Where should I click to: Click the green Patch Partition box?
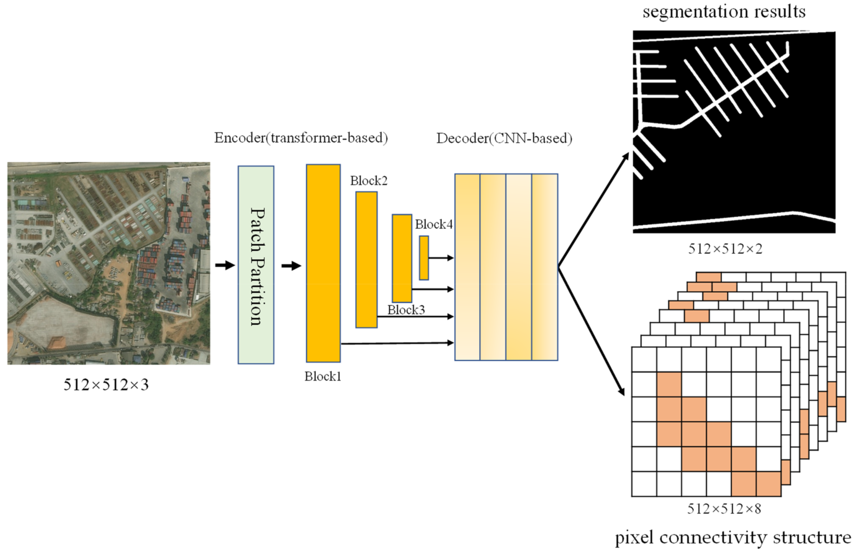pos(256,265)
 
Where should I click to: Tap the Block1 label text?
pos(322,376)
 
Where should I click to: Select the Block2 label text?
pos(369,181)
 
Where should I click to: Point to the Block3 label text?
pos(406,309)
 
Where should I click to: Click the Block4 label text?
pos(434,224)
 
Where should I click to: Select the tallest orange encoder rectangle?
pos(323,263)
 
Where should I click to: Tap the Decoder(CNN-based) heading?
pos(504,138)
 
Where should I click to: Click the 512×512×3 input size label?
pos(106,385)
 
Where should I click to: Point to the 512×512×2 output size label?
pos(725,249)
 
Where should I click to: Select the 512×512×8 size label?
pos(724,509)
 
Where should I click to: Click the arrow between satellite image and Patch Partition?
pos(225,265)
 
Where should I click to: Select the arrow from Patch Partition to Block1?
pos(291,266)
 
